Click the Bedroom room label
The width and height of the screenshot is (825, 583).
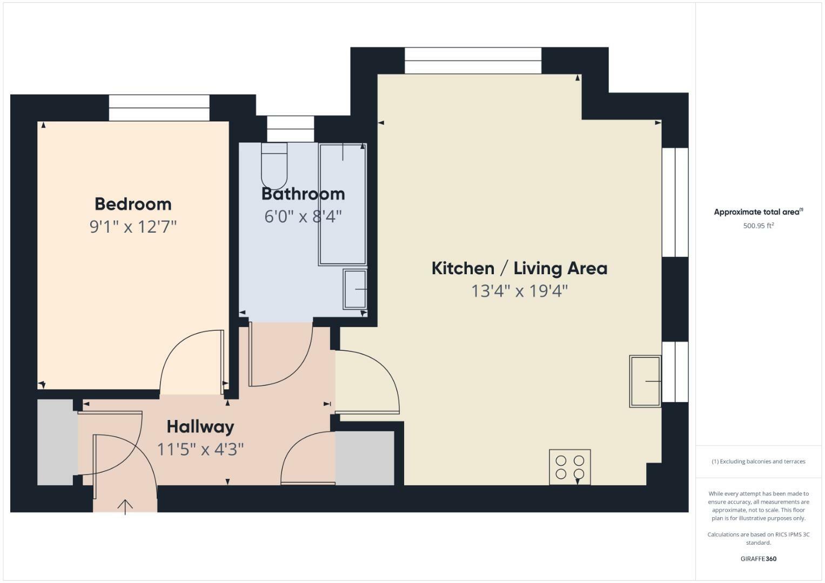pos(133,204)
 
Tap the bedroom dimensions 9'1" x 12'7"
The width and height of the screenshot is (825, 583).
pos(133,227)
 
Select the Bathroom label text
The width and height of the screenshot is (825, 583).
pos(303,194)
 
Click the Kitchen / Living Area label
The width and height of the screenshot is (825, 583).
pos(519,268)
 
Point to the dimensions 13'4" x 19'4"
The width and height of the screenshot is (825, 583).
pos(519,291)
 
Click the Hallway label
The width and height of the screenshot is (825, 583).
pos(200,426)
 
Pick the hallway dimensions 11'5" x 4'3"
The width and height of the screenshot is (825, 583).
pos(200,449)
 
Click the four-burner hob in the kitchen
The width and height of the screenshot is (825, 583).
pos(570,467)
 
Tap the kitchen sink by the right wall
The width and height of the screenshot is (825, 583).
pos(645,381)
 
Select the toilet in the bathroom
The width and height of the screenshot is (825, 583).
pos(274,165)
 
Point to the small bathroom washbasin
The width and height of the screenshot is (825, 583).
pos(355,289)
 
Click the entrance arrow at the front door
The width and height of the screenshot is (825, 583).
pos(125,506)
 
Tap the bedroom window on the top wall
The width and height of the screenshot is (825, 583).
pos(159,108)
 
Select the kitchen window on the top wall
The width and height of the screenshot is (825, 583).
pos(473,60)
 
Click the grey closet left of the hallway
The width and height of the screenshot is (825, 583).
pos(55,442)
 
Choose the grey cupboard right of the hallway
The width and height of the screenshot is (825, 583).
pos(365,458)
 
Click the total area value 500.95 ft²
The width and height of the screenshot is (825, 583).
pos(758,226)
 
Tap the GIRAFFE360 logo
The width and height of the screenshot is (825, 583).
pos(758,559)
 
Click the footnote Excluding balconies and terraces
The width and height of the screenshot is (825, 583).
pos(758,462)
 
